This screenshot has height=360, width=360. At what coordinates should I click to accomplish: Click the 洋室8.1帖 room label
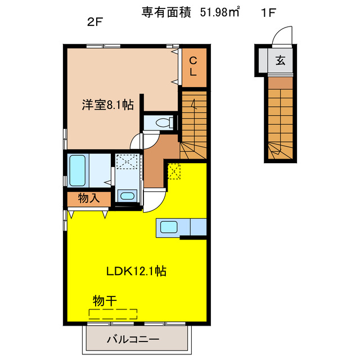pos(107,104)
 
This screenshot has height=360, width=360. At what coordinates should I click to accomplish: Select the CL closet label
pos(192,66)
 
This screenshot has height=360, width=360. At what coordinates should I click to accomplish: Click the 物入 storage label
pos(88,199)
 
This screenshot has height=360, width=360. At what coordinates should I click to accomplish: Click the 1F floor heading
pos(268,13)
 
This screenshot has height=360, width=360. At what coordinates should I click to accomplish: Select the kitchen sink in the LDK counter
pos(169,227)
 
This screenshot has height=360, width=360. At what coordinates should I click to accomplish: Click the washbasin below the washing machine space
pos(128,196)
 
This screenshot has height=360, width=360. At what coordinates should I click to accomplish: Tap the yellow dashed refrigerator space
pos(174,171)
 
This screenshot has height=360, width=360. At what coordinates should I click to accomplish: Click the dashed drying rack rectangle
pos(113,314)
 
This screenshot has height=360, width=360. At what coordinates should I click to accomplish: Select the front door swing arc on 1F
pos(281,36)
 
